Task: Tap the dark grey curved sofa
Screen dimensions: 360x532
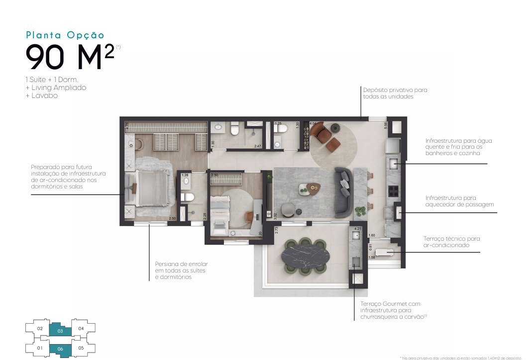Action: [343, 192]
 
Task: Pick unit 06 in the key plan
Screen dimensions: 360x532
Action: [60, 349]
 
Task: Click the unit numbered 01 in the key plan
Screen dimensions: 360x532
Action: [40, 348]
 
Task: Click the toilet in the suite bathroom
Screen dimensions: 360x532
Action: [187, 197]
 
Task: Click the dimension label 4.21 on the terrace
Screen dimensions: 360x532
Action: [357, 229]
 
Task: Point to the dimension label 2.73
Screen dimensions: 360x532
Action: [277, 230]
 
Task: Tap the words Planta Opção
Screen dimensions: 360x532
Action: [65, 35]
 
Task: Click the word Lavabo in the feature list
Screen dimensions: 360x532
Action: [42, 95]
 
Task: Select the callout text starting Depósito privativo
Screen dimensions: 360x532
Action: [395, 93]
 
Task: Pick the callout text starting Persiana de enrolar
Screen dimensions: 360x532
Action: [181, 270]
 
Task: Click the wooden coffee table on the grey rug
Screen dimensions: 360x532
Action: [313, 187]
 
